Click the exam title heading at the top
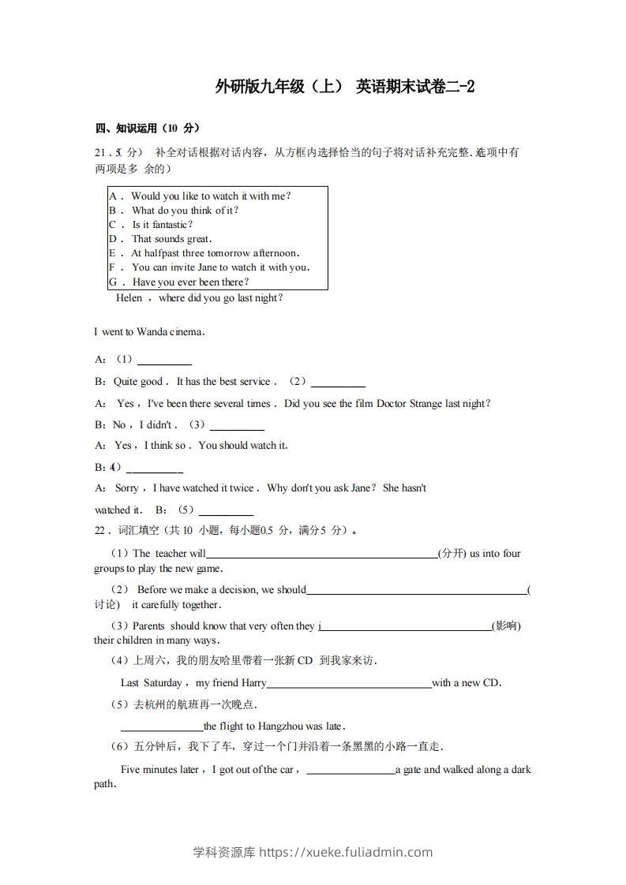click(345, 87)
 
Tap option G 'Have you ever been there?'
click(190, 282)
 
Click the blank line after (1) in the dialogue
click(164, 363)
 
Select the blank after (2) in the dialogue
click(339, 385)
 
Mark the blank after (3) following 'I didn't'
click(237, 428)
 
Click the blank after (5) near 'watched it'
click(226, 513)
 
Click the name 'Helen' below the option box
click(129, 298)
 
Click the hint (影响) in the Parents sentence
click(506, 626)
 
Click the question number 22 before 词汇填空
click(100, 531)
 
